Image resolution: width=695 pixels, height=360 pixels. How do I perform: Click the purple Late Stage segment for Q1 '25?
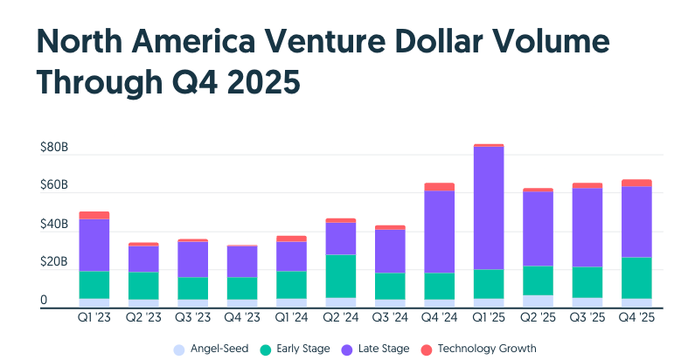pos(487,208)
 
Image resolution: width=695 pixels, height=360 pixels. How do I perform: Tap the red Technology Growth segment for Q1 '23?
pos(94,215)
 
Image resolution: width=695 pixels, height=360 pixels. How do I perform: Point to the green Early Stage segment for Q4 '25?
pos(636,278)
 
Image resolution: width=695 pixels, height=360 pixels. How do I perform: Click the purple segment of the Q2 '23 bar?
pos(143,259)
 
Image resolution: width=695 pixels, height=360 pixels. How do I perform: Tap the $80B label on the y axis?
pos(54,148)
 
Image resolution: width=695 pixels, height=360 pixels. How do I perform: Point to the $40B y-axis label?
pos(54,225)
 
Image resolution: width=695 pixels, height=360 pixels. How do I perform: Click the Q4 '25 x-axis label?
pos(636,319)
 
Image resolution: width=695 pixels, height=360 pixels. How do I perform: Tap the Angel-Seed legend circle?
pos(179,350)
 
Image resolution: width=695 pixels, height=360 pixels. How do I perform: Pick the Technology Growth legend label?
pos(486,350)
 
